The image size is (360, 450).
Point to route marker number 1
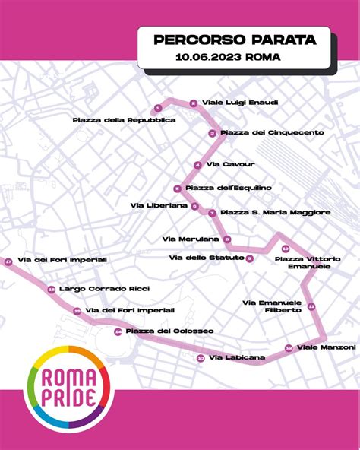pos(157,108)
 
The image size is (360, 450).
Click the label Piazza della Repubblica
pos(125,120)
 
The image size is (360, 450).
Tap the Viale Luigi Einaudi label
pos(234,103)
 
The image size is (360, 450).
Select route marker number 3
pos(213,133)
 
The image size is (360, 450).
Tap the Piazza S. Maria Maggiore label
pos(275,212)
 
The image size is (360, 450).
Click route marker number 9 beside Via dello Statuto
pos(249,258)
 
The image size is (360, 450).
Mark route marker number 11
pos(311,306)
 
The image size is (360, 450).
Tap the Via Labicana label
pos(237,357)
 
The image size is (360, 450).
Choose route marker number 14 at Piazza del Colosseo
pos(118,332)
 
